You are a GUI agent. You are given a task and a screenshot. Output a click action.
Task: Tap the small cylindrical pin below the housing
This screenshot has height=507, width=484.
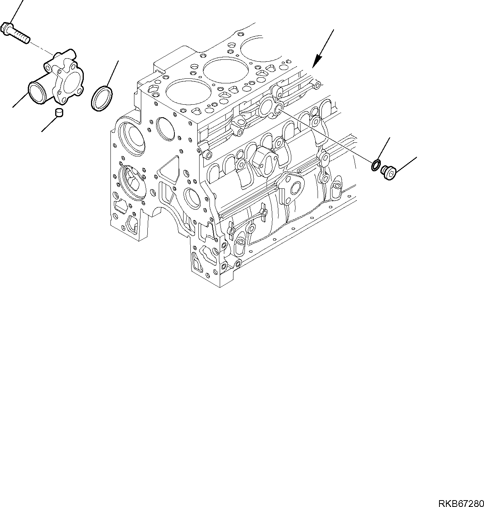click(59, 113)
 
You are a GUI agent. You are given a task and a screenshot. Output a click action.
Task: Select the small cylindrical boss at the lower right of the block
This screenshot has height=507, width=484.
click(336, 191)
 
